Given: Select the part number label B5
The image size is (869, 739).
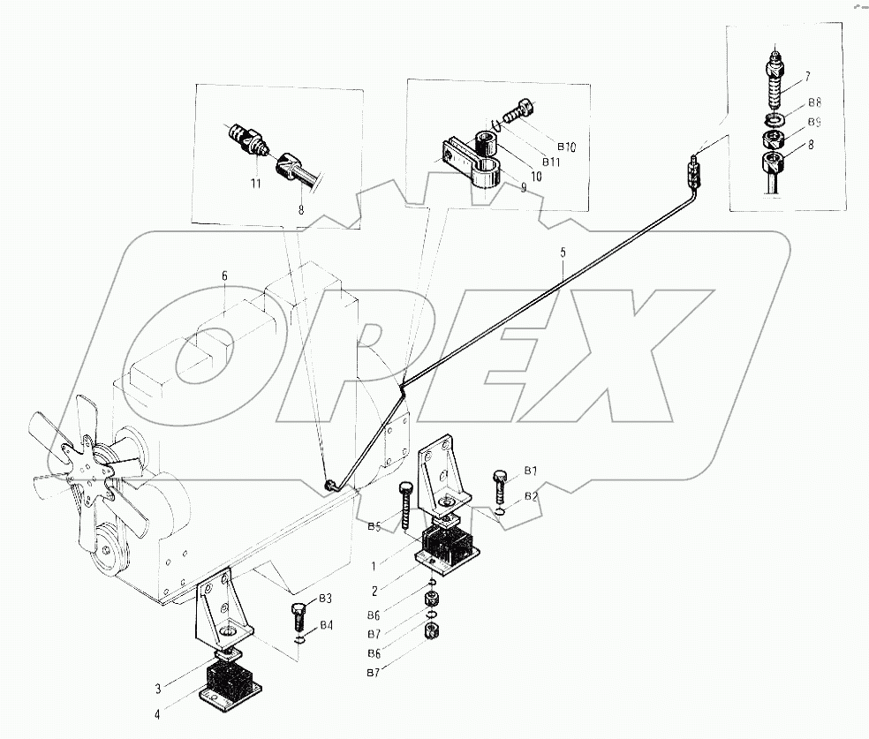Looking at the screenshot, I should point(374,527).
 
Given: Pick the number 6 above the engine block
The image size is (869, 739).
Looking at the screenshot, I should point(224,276).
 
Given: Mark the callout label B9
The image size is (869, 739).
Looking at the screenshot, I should point(815,123).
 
